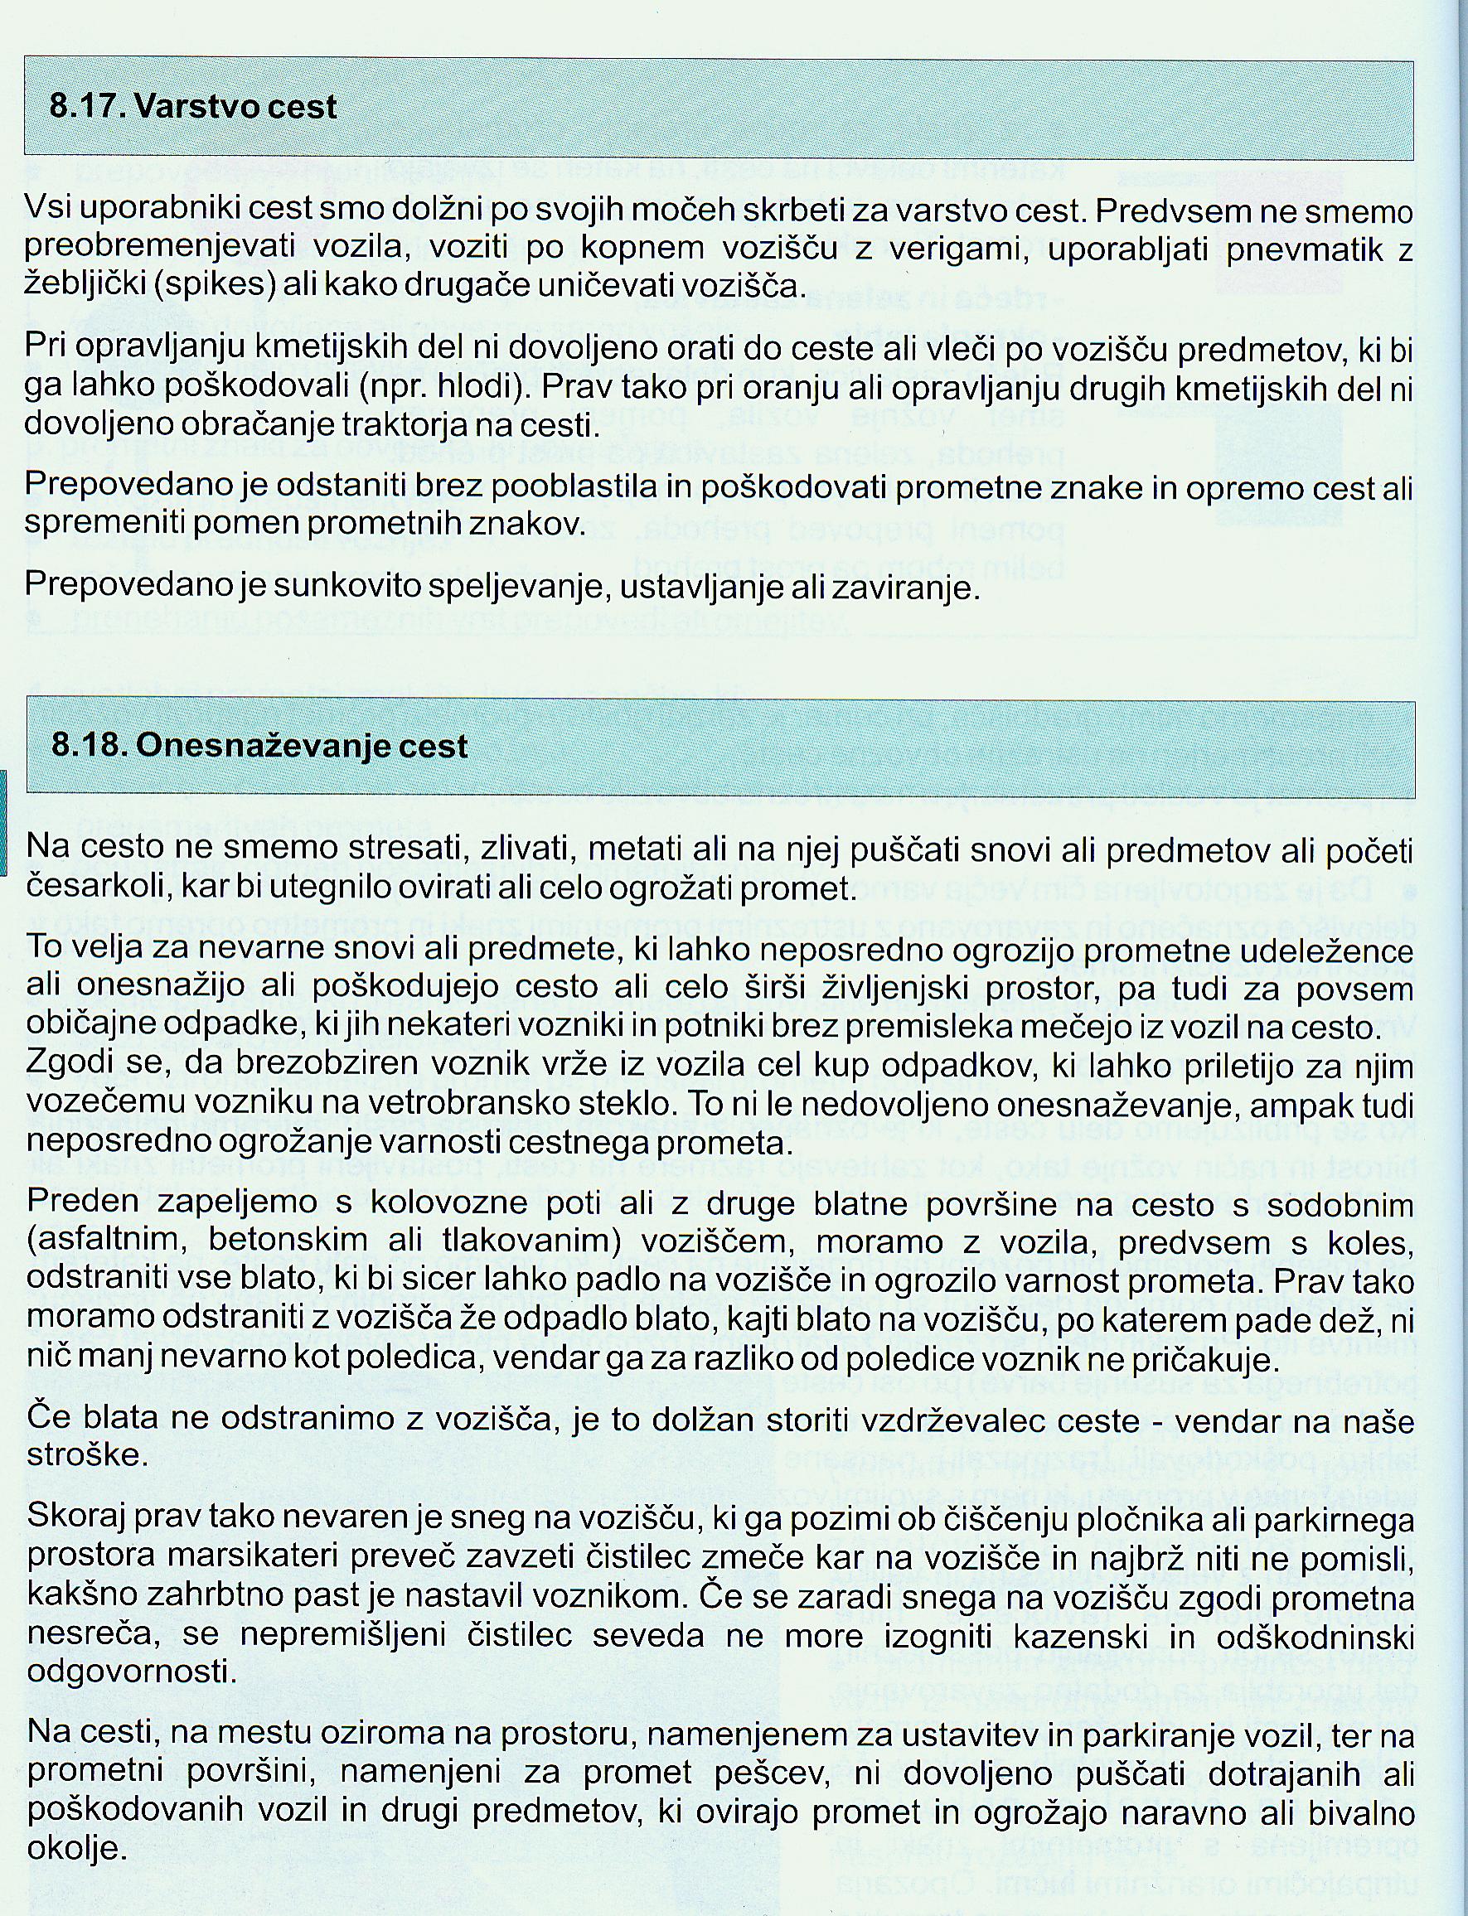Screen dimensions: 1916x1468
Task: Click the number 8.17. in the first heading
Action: click(87, 107)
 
